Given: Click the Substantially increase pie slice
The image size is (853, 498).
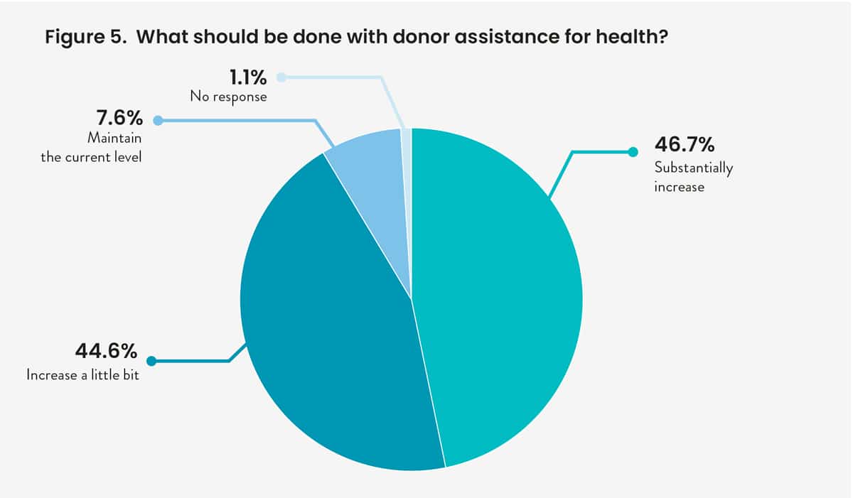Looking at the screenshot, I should (x=498, y=298).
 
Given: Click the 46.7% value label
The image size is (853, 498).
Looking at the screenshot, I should (x=684, y=146).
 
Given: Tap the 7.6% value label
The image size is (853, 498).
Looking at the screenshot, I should (x=119, y=118).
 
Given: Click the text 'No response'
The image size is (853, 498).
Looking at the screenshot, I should (x=228, y=97).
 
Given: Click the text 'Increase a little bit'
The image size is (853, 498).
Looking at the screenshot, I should (x=82, y=374).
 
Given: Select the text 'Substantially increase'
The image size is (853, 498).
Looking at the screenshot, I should (x=693, y=178).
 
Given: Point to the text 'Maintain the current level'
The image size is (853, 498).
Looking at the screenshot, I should (x=91, y=148).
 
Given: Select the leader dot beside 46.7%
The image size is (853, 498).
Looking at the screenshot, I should (x=633, y=151).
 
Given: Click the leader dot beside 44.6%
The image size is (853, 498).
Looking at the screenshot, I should (x=151, y=361).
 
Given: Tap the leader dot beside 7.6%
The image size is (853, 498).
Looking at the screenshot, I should (x=158, y=121).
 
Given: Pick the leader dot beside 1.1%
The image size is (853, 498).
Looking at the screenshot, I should (x=281, y=77).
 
